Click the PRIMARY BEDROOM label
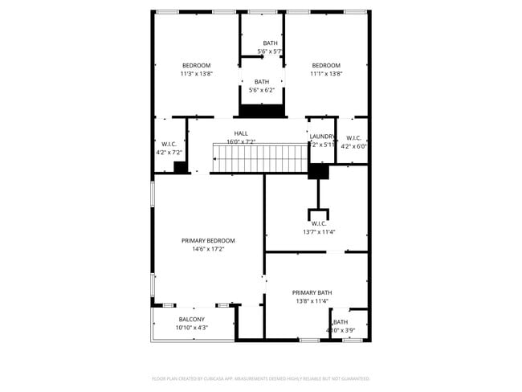click(x=208, y=240)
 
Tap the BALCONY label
click(x=191, y=319)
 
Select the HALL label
click(x=241, y=133)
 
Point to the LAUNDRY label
click(x=322, y=137)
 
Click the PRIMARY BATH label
click(x=312, y=292)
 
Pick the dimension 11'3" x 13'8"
click(x=196, y=74)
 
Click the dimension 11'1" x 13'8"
click(x=326, y=74)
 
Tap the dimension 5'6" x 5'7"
click(x=270, y=51)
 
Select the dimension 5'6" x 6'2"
click(x=262, y=90)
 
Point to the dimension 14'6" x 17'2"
click(x=208, y=249)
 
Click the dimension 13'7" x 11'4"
click(x=319, y=232)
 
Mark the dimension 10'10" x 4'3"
click(x=191, y=328)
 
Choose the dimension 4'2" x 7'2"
click(x=169, y=152)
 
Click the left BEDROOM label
click(x=196, y=65)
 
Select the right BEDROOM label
click(x=326, y=65)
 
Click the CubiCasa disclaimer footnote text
click(x=261, y=378)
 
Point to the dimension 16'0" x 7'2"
click(x=241, y=142)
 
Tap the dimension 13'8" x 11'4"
click(x=312, y=301)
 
